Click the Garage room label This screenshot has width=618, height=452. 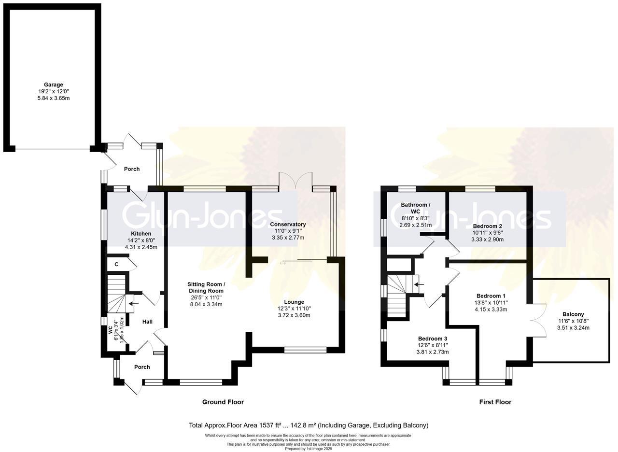[53, 85]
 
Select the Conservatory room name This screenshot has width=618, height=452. [288, 225]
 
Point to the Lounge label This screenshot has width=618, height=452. [294, 302]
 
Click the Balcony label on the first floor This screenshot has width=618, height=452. [573, 314]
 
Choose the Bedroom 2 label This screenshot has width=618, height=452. [487, 226]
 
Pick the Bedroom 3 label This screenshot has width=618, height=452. [432, 339]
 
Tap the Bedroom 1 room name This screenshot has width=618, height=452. [491, 296]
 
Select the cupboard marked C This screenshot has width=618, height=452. [116, 264]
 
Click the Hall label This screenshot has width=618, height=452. [147, 322]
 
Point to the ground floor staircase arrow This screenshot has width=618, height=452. [134, 304]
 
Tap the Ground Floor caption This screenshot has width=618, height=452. [223, 402]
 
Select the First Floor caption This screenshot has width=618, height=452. [495, 402]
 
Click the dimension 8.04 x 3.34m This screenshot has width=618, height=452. [206, 304]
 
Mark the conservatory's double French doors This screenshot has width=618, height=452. [295, 180]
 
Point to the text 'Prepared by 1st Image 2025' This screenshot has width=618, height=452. [308, 449]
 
